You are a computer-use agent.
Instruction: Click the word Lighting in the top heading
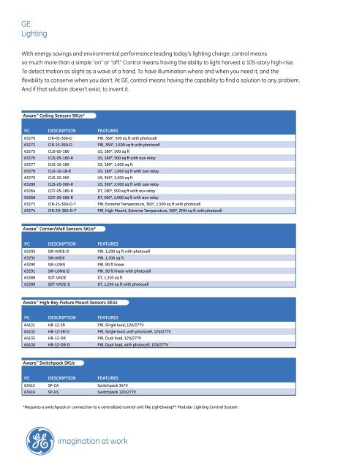point(35,34)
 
